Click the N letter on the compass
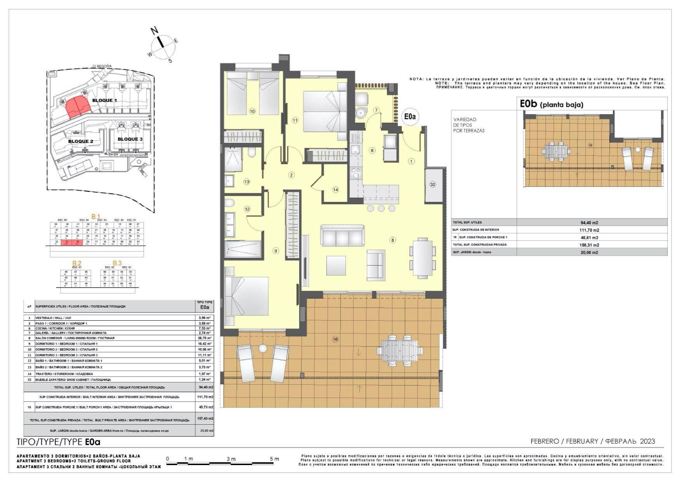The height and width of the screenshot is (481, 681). (x=155, y=31)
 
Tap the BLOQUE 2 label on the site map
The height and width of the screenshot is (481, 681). (x=81, y=141)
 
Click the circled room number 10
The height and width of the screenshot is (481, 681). (x=252, y=111)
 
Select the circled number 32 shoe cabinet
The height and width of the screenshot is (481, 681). (x=433, y=185)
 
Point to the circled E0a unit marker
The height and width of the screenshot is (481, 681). (x=410, y=116)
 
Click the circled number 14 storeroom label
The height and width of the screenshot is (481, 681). (x=335, y=190)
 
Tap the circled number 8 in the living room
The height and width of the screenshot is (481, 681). (x=393, y=240)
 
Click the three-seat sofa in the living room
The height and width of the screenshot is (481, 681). (x=342, y=236)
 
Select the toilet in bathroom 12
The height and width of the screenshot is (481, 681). (x=229, y=203)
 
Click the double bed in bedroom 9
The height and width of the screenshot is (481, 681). (x=247, y=296)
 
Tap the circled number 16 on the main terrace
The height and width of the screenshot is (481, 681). (x=335, y=339)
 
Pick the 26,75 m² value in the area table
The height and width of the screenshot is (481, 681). (x=204, y=338)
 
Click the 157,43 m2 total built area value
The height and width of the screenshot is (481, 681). (x=205, y=418)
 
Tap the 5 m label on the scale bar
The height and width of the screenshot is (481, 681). (x=274, y=459)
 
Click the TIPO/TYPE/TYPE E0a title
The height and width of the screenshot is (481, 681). (x=59, y=442)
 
